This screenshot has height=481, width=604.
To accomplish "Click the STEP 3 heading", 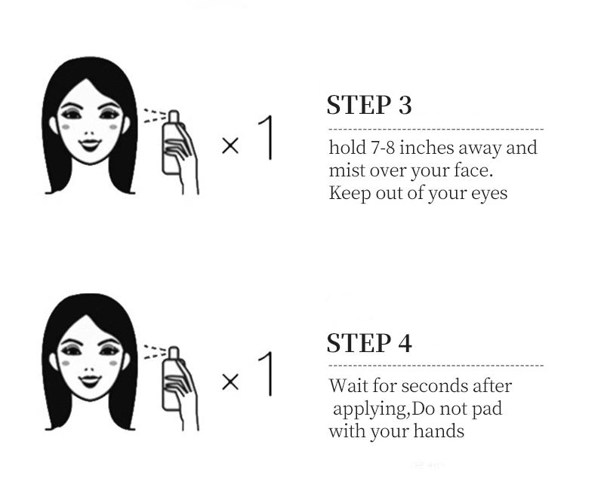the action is point(369,105).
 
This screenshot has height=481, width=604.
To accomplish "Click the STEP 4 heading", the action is point(369,342).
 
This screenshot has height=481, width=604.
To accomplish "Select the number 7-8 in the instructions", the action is point(383,148).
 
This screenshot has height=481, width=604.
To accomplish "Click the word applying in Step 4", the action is point(371,409).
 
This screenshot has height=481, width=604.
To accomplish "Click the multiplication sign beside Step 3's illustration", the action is point(230,146).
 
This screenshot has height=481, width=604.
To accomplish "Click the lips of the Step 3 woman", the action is point(90,145).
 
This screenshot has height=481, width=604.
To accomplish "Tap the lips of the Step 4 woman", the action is point(90,381).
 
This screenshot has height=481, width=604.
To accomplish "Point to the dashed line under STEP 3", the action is point(436,129).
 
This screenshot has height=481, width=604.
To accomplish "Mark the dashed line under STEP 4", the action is point(436,366).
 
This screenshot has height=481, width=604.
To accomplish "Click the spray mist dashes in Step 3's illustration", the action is point(155,116).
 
